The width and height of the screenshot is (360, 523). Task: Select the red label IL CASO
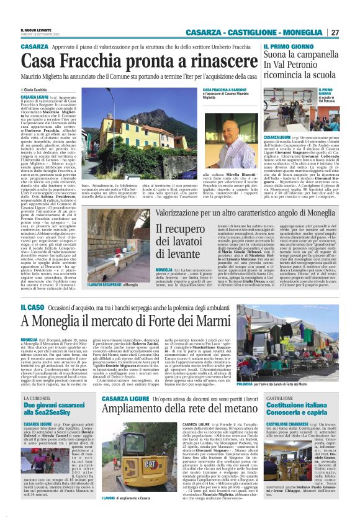(31, 308)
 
